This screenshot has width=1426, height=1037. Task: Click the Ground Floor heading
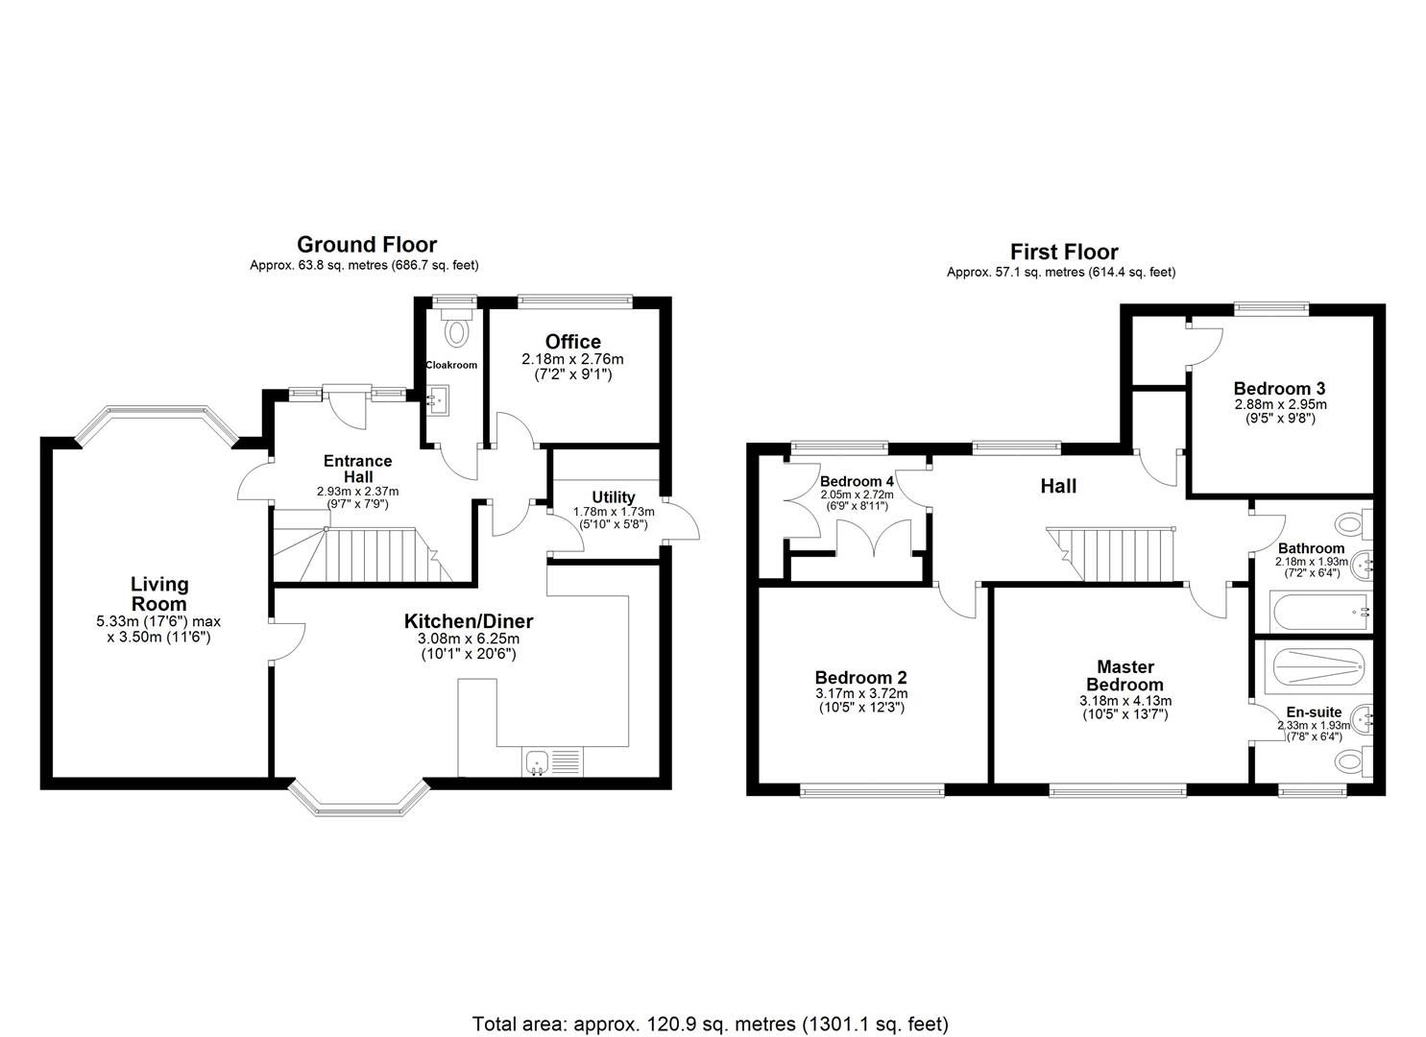366,245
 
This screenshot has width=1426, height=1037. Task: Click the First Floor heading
1065,253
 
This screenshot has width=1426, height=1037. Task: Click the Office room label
572,342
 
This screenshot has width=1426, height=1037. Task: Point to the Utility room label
613,497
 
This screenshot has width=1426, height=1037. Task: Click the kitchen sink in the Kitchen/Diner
535,762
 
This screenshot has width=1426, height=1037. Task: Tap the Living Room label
159,593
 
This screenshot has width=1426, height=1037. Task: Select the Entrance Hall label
357,469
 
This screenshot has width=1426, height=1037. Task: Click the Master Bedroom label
1124,675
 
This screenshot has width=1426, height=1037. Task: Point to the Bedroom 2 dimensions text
860,700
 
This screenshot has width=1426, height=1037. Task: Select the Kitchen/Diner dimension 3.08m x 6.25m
468,639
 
